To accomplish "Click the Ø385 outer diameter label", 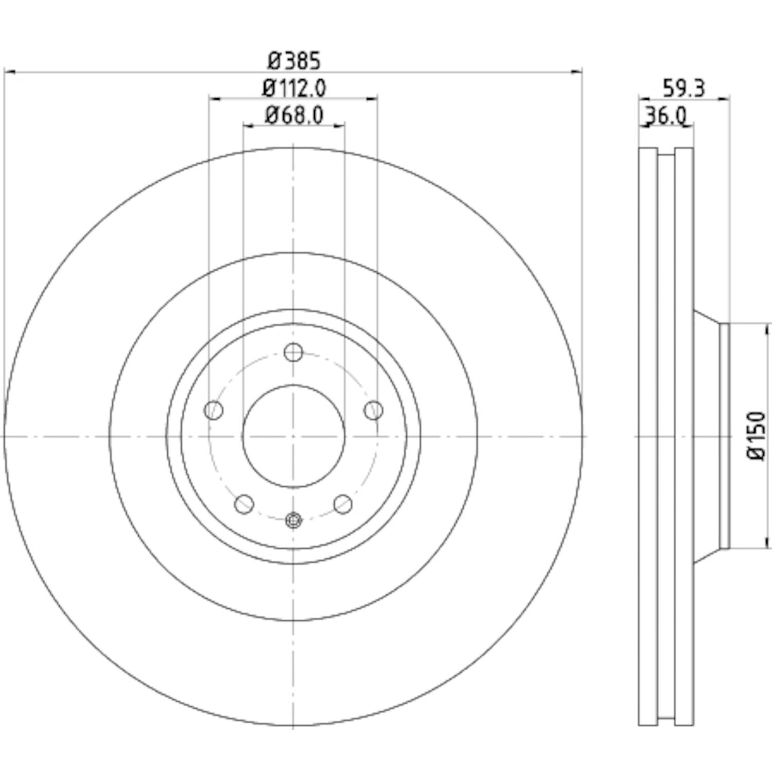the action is (294, 61).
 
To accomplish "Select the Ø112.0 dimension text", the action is (294, 88).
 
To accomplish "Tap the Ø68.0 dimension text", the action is (294, 115).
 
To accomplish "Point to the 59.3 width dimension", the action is (683, 89).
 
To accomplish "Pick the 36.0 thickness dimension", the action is (666, 116).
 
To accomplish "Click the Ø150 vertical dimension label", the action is (757, 436).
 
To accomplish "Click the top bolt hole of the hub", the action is (293, 353).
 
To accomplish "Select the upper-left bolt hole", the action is (214, 411).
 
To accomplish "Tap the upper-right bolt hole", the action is (374, 411).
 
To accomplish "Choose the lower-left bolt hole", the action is (244, 504).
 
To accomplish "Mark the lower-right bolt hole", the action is (343, 504).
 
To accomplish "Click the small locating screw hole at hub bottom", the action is (293, 520).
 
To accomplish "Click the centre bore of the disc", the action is (293, 436).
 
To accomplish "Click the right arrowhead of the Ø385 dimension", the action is (577, 73).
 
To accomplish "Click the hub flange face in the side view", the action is (725, 436).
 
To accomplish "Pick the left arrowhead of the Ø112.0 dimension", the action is (215, 97).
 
